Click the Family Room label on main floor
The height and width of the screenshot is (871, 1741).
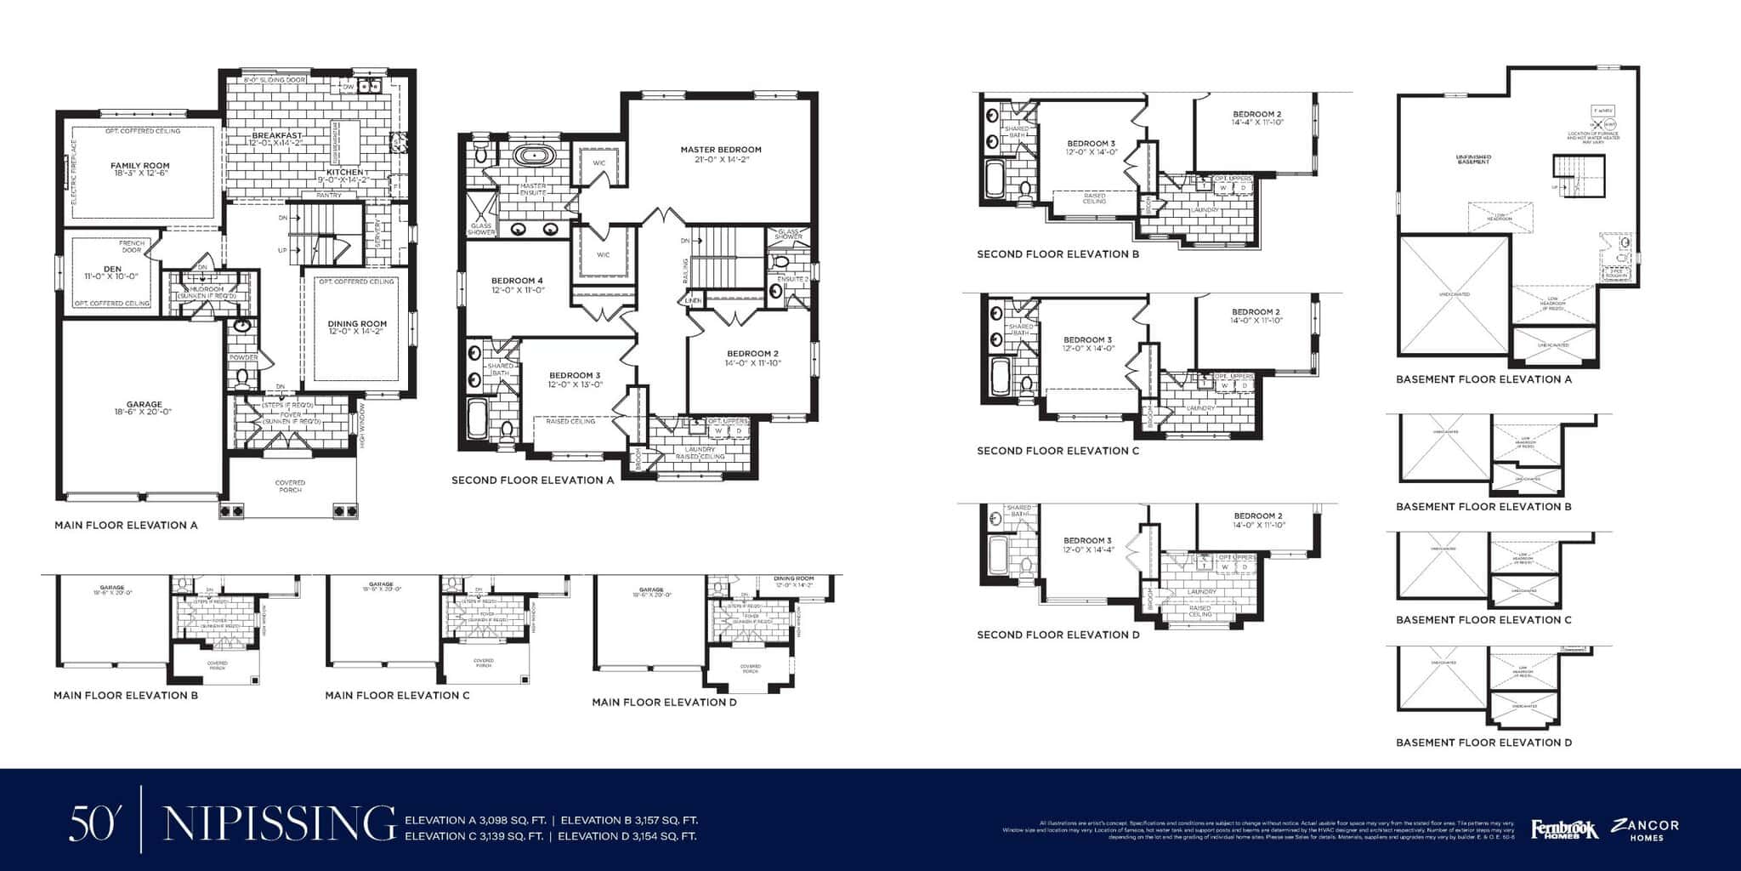pyautogui.click(x=140, y=167)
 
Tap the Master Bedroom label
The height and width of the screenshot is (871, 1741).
pyautogui.click(x=721, y=150)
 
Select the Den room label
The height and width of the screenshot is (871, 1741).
pyautogui.click(x=112, y=270)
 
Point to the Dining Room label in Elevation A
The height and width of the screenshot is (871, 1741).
pyautogui.click(x=357, y=324)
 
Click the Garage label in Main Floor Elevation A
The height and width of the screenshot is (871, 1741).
pyautogui.click(x=145, y=406)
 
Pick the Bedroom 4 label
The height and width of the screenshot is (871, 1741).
pyautogui.click(x=517, y=282)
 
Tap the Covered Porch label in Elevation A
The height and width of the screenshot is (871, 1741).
pyautogui.click(x=290, y=486)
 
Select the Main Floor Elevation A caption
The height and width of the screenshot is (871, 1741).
pyautogui.click(x=126, y=526)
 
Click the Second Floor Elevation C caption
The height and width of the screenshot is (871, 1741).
pyautogui.click(x=1058, y=452)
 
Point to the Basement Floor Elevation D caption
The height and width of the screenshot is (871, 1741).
pyautogui.click(x=1483, y=743)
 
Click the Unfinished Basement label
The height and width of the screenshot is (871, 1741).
pyautogui.click(x=1473, y=159)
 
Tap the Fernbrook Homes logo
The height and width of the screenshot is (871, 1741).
pyautogui.click(x=1563, y=828)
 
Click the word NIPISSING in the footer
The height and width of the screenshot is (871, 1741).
pyautogui.click(x=279, y=823)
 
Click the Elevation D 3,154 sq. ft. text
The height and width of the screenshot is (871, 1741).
pyautogui.click(x=627, y=836)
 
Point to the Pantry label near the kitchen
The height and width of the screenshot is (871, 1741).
pyautogui.click(x=328, y=196)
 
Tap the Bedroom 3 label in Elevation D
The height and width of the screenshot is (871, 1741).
pyautogui.click(x=1087, y=541)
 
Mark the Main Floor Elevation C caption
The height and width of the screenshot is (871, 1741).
pyautogui.click(x=397, y=696)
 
